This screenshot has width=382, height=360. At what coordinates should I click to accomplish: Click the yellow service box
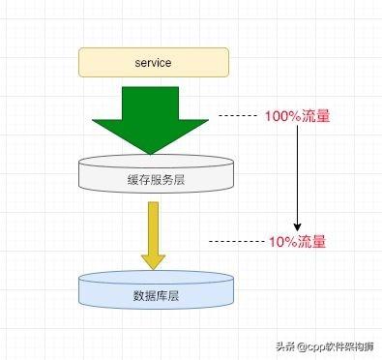pyautogui.click(x=154, y=62)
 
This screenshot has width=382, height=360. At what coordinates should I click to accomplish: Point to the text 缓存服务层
pyautogui.click(x=154, y=178)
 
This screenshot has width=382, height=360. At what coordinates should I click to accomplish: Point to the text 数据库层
pyautogui.click(x=155, y=295)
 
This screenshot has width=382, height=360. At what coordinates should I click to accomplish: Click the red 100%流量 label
pyautogui.click(x=297, y=116)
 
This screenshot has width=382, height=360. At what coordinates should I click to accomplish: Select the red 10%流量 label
pyautogui.click(x=297, y=240)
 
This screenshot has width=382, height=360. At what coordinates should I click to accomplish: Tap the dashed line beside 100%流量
pyautogui.click(x=238, y=116)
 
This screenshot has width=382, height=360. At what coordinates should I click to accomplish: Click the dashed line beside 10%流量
pyautogui.click(x=238, y=240)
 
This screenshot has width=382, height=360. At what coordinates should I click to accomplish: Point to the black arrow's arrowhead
pyautogui.click(x=297, y=225)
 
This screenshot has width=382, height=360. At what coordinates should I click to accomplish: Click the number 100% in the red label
pyautogui.click(x=281, y=116)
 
